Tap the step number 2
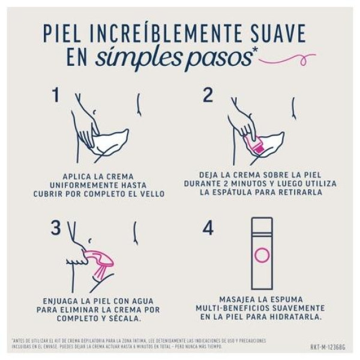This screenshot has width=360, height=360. tap(208, 95)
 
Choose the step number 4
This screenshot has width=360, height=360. tap(208, 229)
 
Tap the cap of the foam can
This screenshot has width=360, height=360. tap(261, 223)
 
